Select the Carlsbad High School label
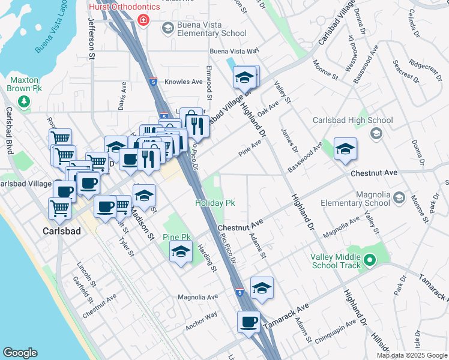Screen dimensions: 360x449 point(353,121)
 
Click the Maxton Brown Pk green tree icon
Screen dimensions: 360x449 point(24,101)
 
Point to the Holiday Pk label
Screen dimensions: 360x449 point(214,203)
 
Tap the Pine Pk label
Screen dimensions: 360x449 point(176,238)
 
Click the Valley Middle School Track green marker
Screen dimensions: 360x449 point(370,261)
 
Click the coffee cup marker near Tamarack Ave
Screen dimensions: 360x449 point(249,322)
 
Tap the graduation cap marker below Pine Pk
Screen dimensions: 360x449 point(180,253)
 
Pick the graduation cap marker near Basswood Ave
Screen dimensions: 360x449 point(345,149)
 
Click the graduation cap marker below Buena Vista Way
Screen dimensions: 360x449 point(244,77)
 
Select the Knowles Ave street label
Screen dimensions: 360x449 point(184,82)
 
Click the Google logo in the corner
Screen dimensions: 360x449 point(20,353)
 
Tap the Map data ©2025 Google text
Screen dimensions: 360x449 point(411,355)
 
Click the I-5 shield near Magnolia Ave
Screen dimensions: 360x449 point(240,293)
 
